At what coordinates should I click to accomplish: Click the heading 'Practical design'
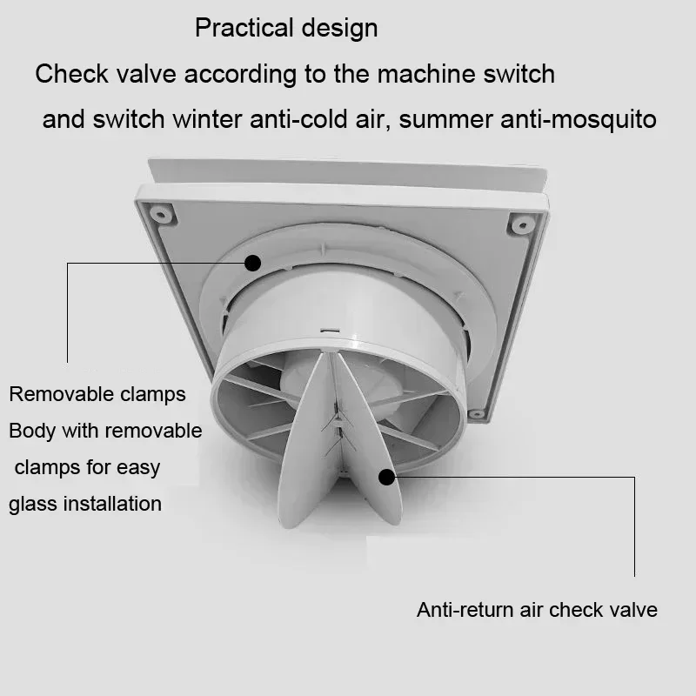[286, 28]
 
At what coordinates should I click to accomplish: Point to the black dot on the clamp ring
[253, 262]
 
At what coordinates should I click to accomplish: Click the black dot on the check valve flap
[386, 476]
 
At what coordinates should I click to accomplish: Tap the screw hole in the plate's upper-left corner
[160, 211]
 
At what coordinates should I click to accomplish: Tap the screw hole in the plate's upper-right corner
[521, 224]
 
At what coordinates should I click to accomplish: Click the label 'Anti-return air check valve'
[537, 610]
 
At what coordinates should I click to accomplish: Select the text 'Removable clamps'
[97, 394]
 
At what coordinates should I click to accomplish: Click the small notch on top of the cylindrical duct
[329, 331]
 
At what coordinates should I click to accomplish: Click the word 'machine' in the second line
[419, 74]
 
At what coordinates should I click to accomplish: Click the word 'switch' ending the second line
[521, 74]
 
